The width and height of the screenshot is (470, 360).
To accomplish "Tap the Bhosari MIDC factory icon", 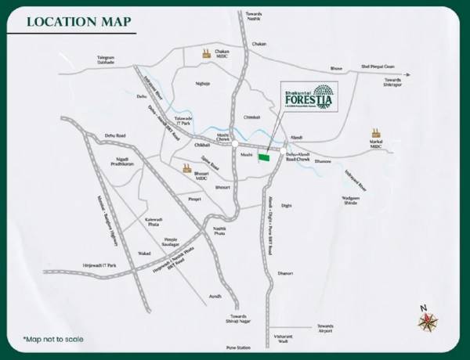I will [186, 168].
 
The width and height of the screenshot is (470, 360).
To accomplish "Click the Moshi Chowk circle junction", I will [235, 143].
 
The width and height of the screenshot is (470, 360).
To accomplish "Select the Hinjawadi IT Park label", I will [98, 266].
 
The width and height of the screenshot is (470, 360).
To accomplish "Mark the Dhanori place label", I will [284, 274].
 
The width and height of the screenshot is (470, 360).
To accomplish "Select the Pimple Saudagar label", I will [175, 243].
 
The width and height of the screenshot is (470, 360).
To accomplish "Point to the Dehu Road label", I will [114, 135].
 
